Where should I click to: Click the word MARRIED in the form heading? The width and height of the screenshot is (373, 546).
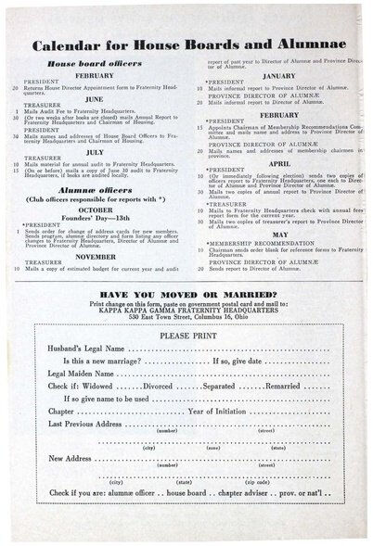point(251,294)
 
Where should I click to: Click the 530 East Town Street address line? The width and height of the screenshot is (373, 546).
point(186,317)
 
